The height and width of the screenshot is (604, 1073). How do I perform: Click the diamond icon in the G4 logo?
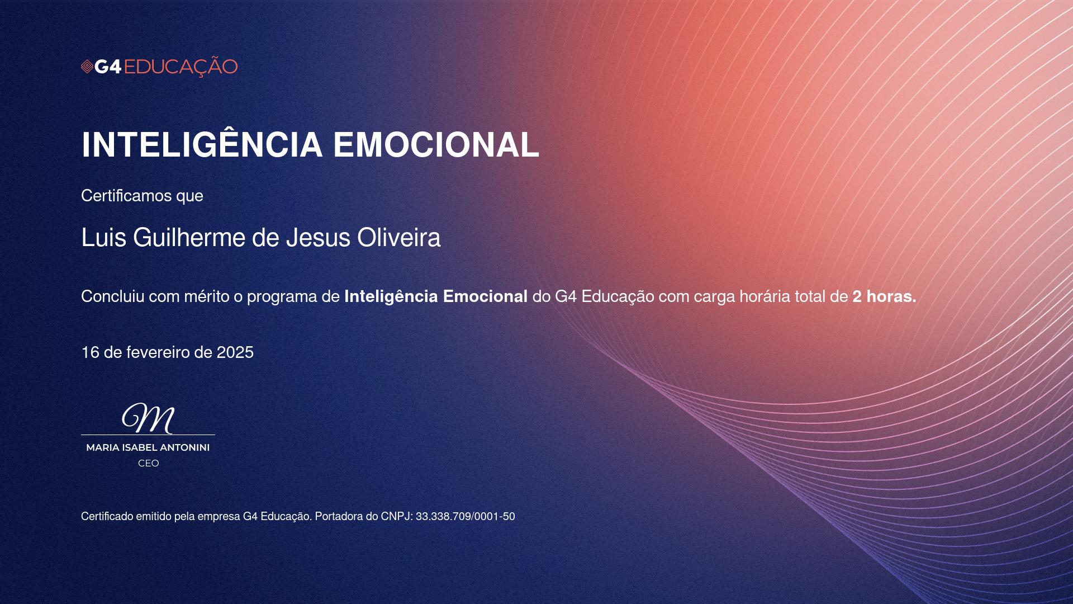click(x=87, y=67)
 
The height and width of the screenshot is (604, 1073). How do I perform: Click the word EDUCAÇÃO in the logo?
click(x=181, y=66)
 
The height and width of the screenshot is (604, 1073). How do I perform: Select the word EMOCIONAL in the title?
click(x=436, y=145)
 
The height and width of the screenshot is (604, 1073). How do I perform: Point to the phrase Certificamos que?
click(x=142, y=196)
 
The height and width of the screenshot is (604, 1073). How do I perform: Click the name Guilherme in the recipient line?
click(x=190, y=238)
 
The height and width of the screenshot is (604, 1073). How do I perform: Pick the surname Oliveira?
click(x=399, y=238)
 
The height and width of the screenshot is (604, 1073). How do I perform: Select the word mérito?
click(x=207, y=296)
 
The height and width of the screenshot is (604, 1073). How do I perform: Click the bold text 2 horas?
click(x=884, y=296)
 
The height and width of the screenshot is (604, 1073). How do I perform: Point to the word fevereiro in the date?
click(x=158, y=352)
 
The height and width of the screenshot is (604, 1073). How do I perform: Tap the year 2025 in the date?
click(x=235, y=352)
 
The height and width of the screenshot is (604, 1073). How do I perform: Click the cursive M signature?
click(x=148, y=418)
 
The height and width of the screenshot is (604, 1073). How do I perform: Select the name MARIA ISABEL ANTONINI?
click(x=148, y=447)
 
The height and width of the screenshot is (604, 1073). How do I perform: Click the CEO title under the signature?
click(x=149, y=463)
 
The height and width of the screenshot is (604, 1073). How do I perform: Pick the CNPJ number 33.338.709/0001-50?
click(x=466, y=517)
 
